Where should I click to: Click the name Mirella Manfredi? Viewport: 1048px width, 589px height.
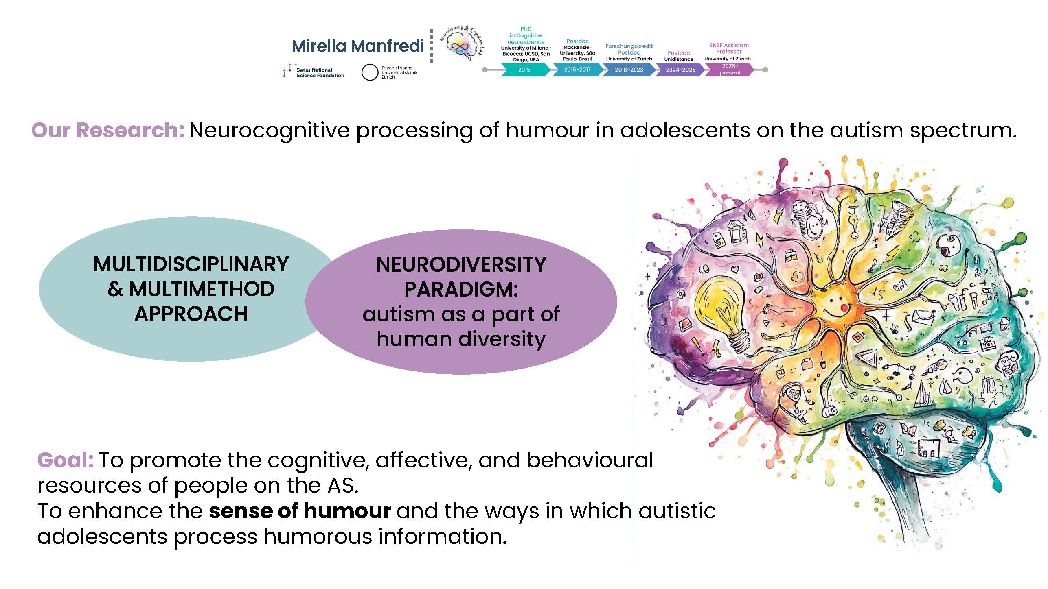point(358,46)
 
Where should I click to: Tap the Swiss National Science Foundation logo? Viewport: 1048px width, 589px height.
point(314,72)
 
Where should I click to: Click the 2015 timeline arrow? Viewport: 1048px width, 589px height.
point(525,70)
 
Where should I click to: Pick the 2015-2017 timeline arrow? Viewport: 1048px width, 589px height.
point(577,70)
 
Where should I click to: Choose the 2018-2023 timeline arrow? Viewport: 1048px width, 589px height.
point(629,70)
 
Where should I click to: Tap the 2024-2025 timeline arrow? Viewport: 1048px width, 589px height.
point(680,70)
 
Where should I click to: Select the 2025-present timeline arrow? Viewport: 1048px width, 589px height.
point(730,70)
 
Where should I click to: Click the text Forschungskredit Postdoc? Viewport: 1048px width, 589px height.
point(629,49)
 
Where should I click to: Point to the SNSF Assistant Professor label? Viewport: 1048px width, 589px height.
point(729,48)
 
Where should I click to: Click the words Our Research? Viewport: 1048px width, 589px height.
point(108,131)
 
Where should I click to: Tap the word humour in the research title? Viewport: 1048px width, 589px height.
point(548,131)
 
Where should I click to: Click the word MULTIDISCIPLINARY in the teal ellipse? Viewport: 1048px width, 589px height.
point(191,264)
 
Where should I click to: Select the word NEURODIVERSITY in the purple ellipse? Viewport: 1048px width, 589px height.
point(461,265)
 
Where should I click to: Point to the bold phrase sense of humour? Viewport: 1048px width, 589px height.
point(300,511)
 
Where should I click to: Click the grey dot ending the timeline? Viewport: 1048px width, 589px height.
point(765,70)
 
